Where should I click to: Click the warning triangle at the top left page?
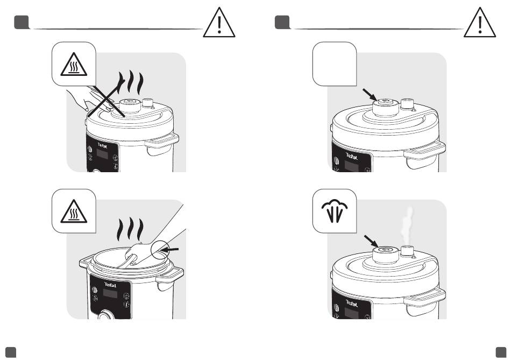(x=219, y=23)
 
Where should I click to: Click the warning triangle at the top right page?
(x=480, y=23)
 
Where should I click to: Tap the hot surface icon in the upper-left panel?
(x=74, y=64)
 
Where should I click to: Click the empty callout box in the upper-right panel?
(x=335, y=64)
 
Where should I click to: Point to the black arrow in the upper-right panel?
(x=370, y=95)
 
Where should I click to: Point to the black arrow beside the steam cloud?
(x=371, y=242)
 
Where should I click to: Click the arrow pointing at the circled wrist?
(x=170, y=250)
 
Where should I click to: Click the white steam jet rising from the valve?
(x=407, y=225)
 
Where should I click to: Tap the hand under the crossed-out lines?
(x=89, y=100)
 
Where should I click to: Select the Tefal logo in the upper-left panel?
(x=102, y=145)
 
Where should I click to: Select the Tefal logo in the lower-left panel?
(x=110, y=285)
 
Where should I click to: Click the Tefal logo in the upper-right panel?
(x=352, y=157)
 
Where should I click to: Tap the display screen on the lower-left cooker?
(x=110, y=293)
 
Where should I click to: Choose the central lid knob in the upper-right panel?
(x=386, y=107)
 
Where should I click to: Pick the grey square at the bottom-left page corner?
(x=11, y=352)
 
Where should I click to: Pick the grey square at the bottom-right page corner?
(x=501, y=352)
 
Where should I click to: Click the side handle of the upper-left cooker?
(x=162, y=144)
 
